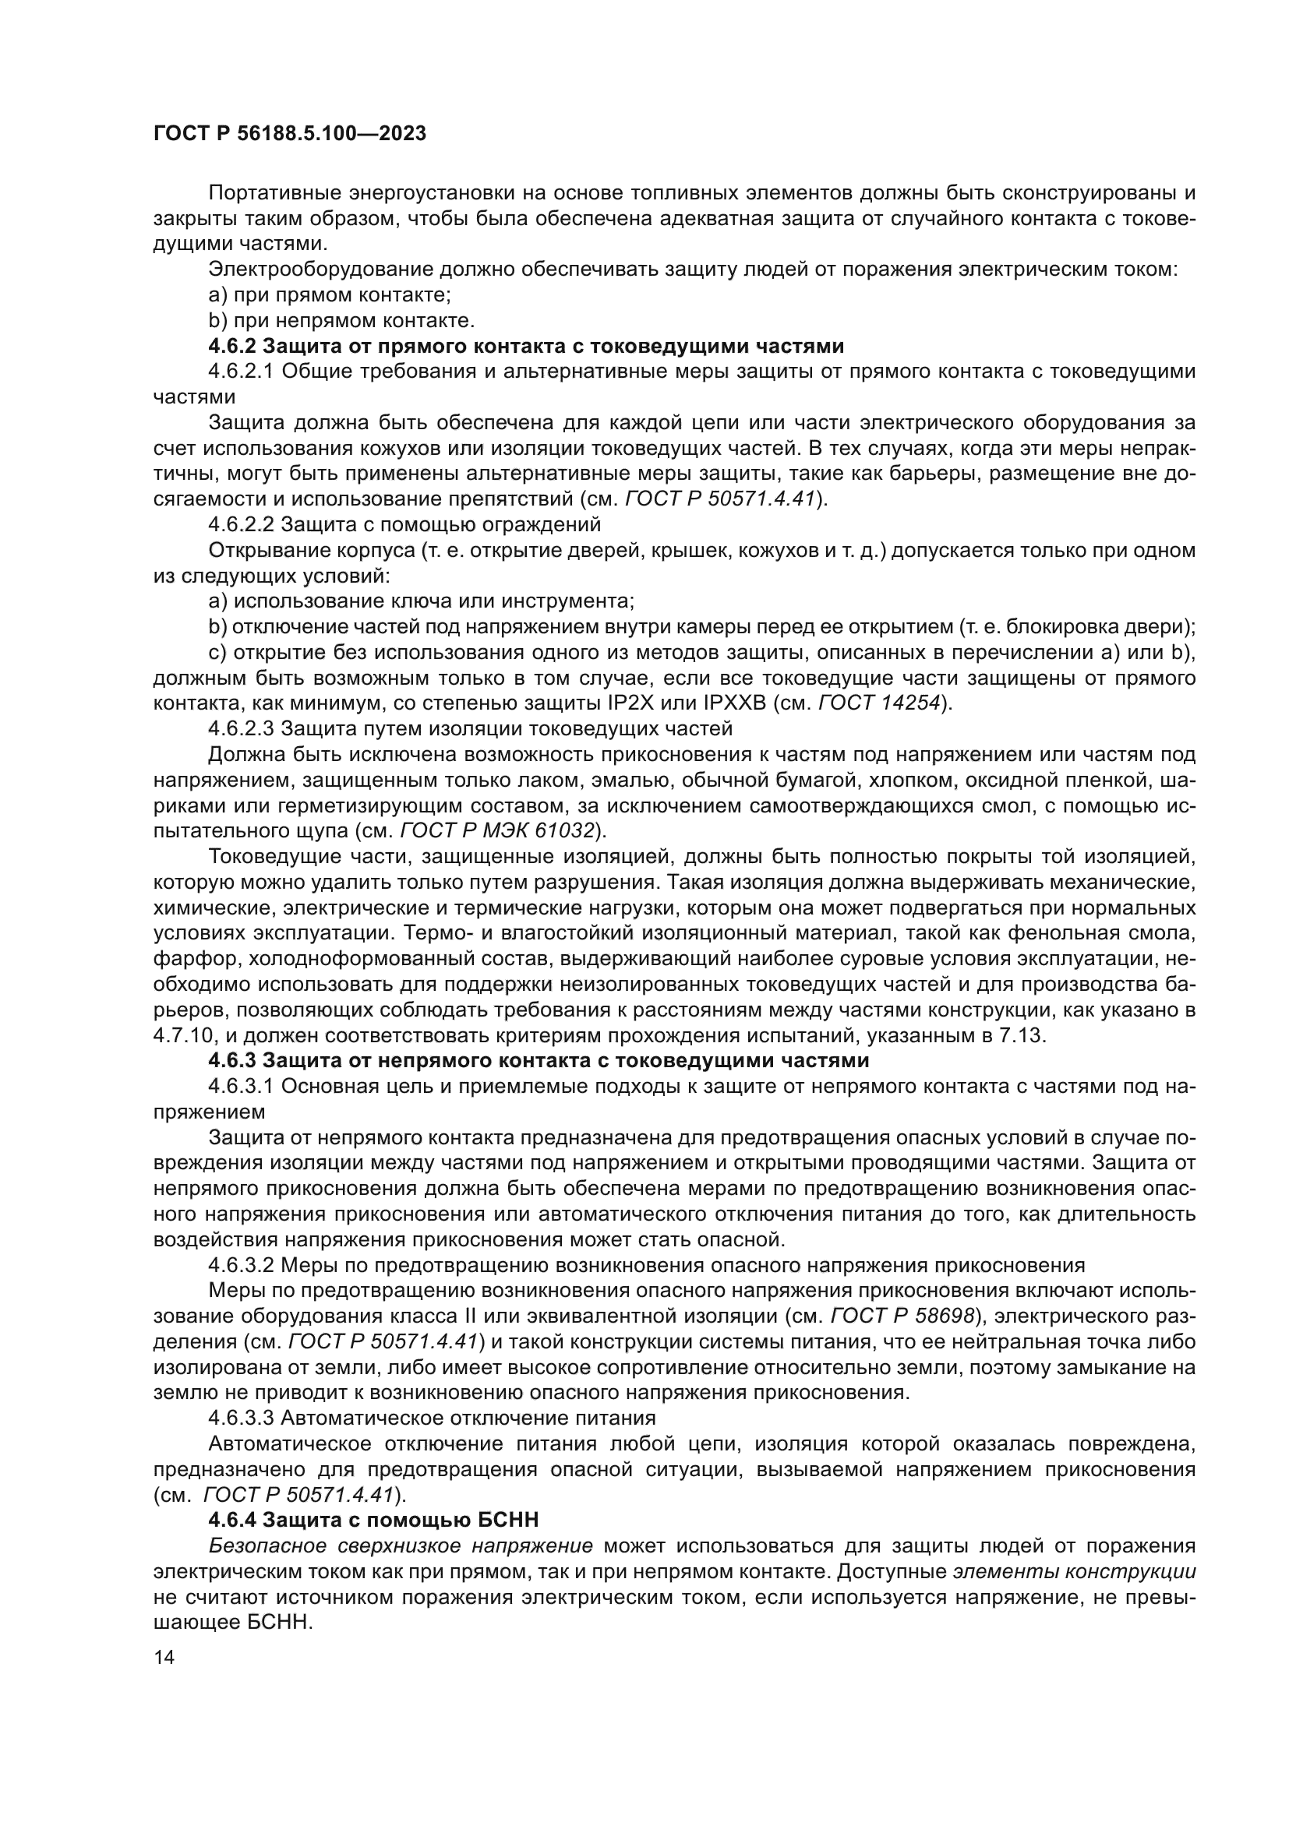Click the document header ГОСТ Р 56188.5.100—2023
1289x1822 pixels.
(290, 133)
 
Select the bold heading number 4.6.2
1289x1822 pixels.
(232, 346)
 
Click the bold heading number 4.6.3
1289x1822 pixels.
(232, 1060)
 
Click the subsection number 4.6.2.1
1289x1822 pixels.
(242, 372)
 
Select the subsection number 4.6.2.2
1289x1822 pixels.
(242, 524)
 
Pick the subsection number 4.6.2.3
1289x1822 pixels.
(242, 728)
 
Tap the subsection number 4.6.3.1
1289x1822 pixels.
(242, 1086)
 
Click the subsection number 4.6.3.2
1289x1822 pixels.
(242, 1264)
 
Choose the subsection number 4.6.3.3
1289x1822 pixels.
(242, 1417)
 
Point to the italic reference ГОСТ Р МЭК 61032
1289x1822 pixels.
(498, 830)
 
